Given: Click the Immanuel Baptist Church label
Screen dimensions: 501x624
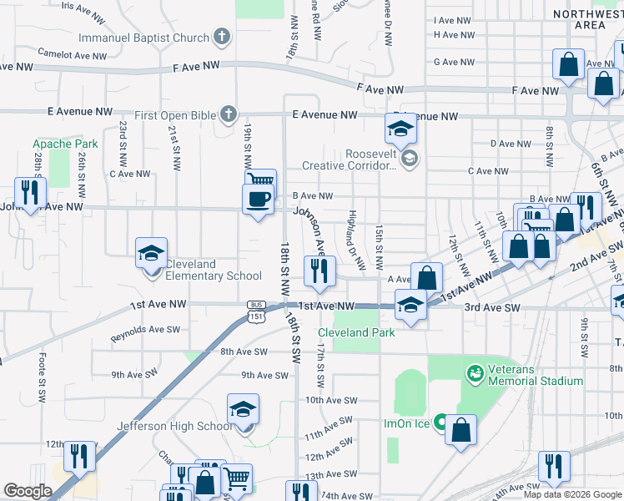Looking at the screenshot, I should tap(143, 38).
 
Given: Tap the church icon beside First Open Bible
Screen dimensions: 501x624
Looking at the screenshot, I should tap(229, 114).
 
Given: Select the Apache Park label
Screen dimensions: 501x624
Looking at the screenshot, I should tap(65, 144).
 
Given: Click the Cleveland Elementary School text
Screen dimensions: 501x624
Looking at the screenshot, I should tap(214, 270).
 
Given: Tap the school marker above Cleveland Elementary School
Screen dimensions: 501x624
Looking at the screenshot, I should tap(153, 253).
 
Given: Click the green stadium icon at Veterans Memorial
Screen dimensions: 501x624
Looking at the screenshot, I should tap(475, 371).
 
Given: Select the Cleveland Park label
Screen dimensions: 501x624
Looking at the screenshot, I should tap(355, 332).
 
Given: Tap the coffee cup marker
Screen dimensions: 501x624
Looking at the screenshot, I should tap(257, 200).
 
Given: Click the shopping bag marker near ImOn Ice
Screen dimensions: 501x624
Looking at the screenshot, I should tap(460, 430).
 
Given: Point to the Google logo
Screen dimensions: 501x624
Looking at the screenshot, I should tap(28, 491).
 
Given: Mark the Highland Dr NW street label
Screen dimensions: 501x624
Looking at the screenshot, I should tap(356, 239).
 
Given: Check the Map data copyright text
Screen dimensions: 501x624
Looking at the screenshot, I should tap(572, 494).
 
